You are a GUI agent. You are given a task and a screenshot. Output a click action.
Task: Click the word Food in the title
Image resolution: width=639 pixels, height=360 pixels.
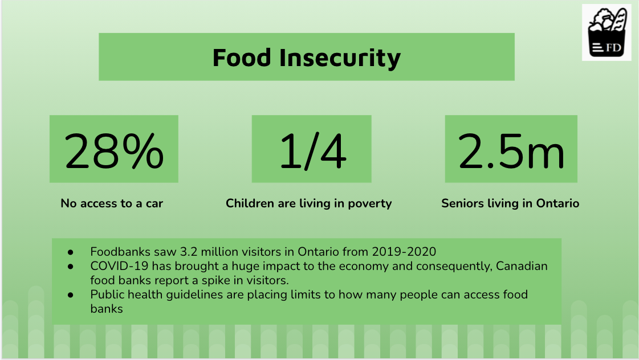pyautogui.click(x=242, y=58)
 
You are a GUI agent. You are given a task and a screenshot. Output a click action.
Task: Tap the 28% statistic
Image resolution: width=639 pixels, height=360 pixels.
pyautogui.click(x=114, y=150)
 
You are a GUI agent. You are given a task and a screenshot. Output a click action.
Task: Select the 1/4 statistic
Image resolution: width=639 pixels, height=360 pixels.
pyautogui.click(x=312, y=150)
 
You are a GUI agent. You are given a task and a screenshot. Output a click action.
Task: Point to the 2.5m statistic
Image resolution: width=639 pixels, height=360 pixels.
pyautogui.click(x=511, y=150)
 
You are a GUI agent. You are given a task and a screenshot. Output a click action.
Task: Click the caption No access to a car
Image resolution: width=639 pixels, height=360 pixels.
pyautogui.click(x=112, y=203)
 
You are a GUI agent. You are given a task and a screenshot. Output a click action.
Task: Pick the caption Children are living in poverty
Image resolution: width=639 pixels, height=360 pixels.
pyautogui.click(x=308, y=203)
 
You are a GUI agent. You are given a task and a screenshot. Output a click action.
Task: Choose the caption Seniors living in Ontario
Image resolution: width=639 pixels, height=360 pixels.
pyautogui.click(x=510, y=203)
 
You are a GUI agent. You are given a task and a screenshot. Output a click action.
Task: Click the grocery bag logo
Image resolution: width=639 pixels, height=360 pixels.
pyautogui.click(x=607, y=32)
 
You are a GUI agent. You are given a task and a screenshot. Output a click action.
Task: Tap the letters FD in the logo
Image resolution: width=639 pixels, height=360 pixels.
pyautogui.click(x=614, y=47)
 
